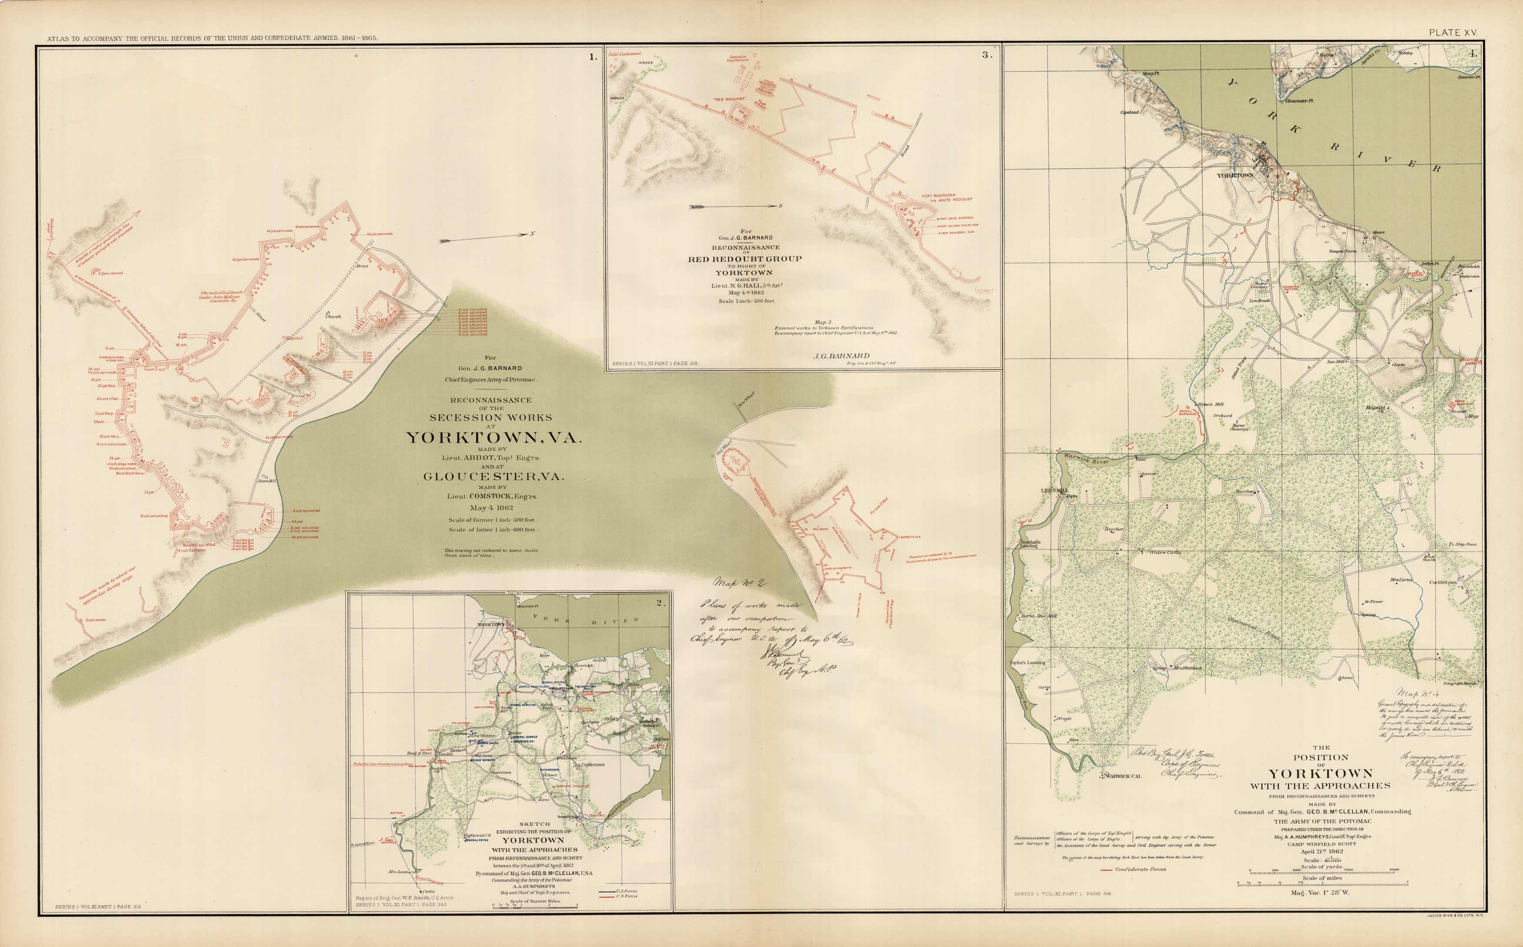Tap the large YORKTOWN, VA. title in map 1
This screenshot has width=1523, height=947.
coord(494,437)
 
